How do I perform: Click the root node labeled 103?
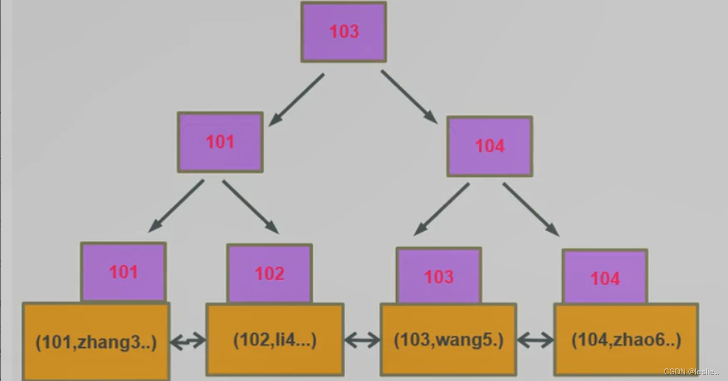(343, 32)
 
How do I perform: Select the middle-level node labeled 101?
(220, 142)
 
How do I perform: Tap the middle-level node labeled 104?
(489, 146)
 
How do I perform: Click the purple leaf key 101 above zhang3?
(123, 272)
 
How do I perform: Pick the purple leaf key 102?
(269, 274)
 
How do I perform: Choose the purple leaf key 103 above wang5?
(438, 276)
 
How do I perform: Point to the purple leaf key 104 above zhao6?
(604, 278)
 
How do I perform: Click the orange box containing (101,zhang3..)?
(96, 342)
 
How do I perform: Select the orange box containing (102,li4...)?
(275, 340)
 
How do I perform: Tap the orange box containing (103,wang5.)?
(448, 340)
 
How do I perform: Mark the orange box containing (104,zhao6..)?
(626, 341)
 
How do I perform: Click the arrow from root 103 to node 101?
(296, 100)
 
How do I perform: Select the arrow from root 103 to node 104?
(409, 97)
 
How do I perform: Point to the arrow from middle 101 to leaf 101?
(176, 206)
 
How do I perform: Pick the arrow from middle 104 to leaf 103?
(441, 209)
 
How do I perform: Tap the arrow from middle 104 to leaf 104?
(531, 210)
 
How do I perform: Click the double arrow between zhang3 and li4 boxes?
(188, 342)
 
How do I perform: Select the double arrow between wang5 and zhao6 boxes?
(535, 341)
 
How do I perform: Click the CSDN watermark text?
(691, 372)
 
